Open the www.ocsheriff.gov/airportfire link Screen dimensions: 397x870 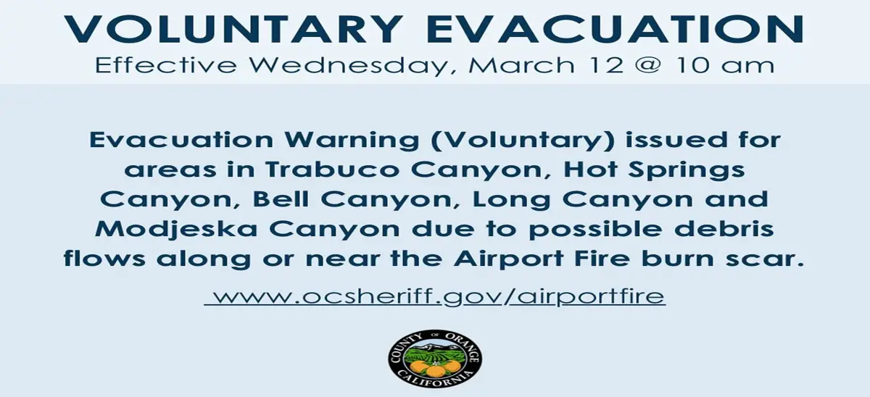tap(435, 296)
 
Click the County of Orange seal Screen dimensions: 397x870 tap(434, 359)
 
